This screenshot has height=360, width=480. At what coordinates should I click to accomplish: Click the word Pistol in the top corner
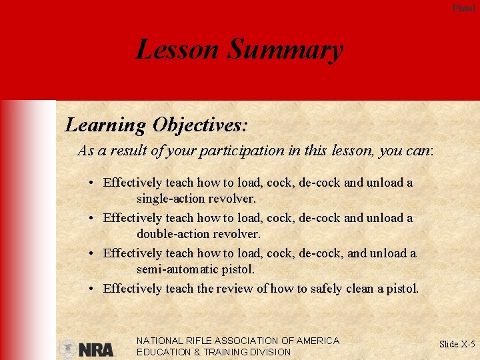(464, 8)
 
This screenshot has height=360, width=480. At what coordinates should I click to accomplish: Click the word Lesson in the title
(177, 49)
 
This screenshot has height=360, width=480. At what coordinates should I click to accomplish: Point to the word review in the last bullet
(235, 289)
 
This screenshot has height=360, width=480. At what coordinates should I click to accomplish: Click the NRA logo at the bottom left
(86, 349)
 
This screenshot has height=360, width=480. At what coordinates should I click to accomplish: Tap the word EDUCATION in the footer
(164, 352)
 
